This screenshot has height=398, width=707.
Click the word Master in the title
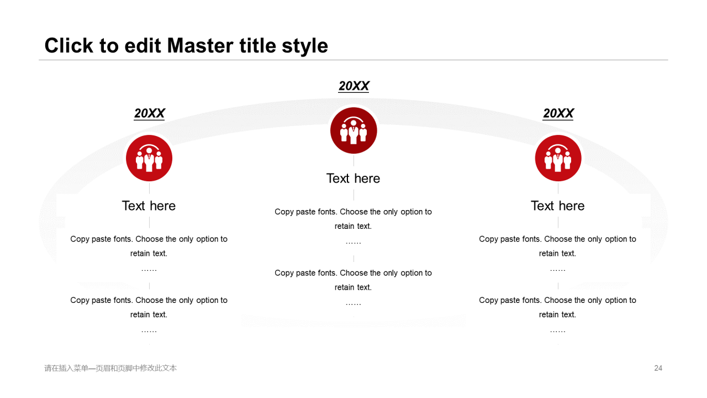(x=201, y=45)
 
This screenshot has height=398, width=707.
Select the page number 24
(x=658, y=368)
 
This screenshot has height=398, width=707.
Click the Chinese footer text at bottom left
(x=110, y=368)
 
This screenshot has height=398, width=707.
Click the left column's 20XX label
(x=149, y=113)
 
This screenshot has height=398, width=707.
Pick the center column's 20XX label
(x=354, y=86)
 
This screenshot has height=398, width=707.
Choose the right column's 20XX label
(x=558, y=113)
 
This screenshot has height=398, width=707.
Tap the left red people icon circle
(x=149, y=158)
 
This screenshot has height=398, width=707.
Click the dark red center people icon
(x=353, y=130)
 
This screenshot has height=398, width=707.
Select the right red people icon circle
(x=558, y=158)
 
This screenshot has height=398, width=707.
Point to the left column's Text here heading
(x=149, y=206)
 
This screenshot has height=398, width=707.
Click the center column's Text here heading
(x=353, y=179)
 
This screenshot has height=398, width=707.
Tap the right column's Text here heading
(x=558, y=206)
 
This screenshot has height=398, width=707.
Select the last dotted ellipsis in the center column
(x=353, y=305)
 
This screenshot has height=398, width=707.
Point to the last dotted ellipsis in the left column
(x=149, y=332)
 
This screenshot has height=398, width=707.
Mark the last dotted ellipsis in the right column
(x=558, y=332)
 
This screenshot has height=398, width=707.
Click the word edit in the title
(x=143, y=45)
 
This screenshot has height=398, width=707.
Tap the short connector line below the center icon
(x=353, y=161)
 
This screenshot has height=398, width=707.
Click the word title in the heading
(x=258, y=45)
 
